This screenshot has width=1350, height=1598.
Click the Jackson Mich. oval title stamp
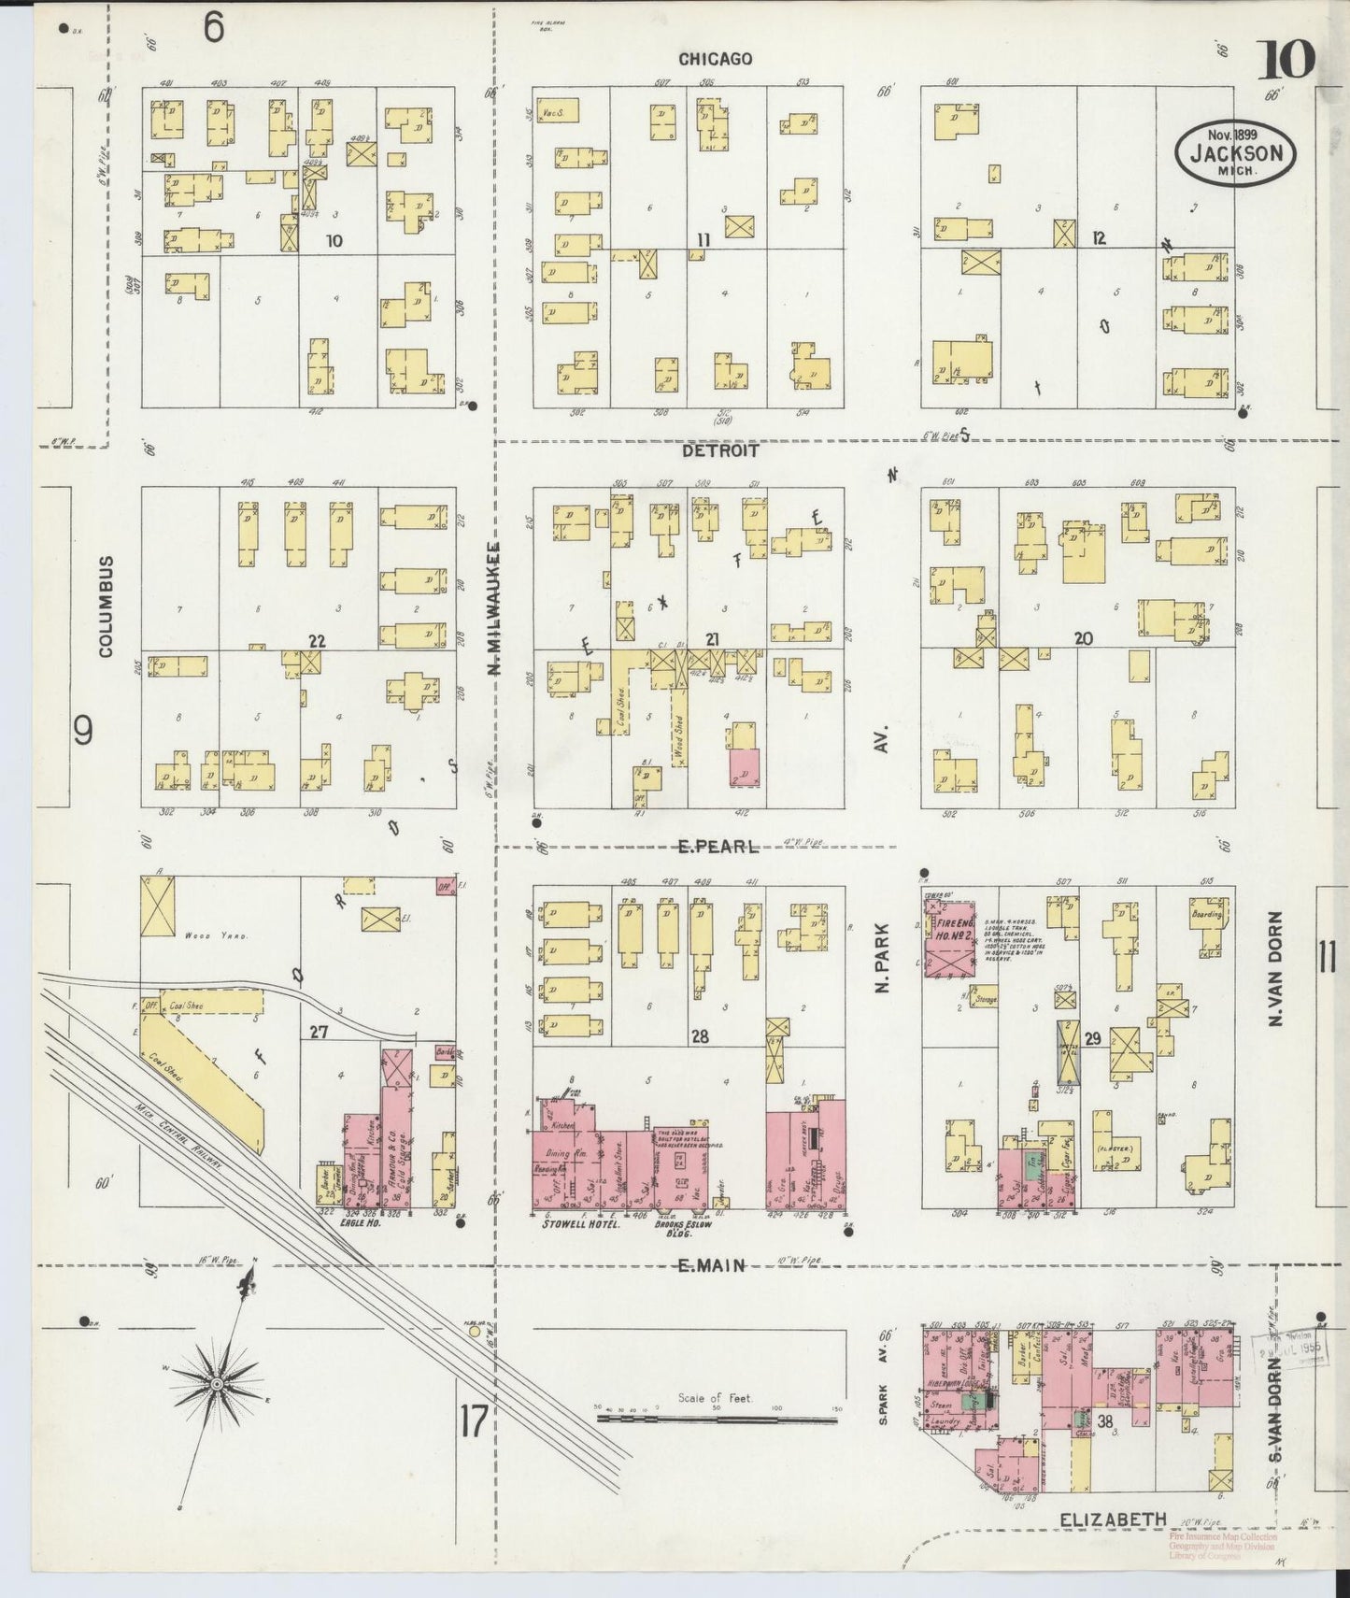click(x=1236, y=154)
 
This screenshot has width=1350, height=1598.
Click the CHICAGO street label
click(x=715, y=59)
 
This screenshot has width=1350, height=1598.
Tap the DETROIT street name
click(x=719, y=450)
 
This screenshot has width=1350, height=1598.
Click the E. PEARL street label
click(x=718, y=847)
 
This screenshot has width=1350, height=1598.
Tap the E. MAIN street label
click(x=712, y=1265)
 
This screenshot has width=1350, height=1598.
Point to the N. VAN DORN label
click(x=1275, y=968)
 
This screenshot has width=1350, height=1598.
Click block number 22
click(x=318, y=640)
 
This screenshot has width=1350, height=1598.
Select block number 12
click(x=1099, y=238)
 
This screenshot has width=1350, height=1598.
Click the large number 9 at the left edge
click(x=84, y=731)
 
